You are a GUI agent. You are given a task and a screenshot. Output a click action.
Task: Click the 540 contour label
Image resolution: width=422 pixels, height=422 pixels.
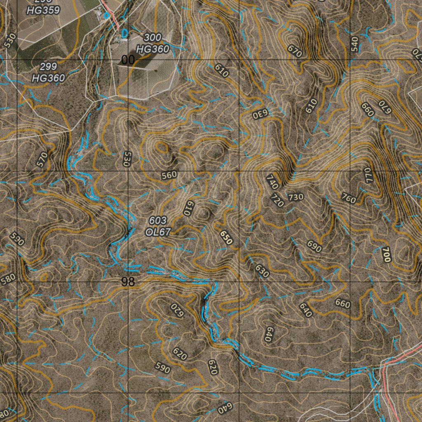click(355, 44)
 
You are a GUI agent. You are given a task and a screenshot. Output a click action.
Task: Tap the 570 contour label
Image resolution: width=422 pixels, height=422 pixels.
click(42, 159)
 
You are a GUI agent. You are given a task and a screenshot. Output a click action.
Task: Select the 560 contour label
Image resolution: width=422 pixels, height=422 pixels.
click(169, 175)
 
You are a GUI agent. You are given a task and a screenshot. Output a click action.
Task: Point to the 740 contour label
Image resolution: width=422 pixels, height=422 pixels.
click(272, 182)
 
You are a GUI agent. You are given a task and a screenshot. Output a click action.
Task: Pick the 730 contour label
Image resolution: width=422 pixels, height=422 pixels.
click(295, 197)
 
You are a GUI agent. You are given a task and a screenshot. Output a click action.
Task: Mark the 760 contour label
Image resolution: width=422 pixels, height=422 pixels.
click(348, 198)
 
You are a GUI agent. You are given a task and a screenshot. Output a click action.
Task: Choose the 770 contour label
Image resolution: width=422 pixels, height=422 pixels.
click(368, 175)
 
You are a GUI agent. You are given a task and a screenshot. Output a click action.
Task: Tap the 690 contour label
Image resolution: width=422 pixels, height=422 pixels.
click(314, 246)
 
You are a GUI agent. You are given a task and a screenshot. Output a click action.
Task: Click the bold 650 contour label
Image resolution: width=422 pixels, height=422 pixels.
click(226, 238)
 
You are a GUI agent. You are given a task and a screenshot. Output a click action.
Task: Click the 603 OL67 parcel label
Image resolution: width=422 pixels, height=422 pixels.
click(158, 226)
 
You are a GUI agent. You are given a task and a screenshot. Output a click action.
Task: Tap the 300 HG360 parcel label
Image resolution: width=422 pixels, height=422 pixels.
click(152, 43)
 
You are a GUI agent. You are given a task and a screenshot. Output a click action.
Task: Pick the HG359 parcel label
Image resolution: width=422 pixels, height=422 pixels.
click(43, 10)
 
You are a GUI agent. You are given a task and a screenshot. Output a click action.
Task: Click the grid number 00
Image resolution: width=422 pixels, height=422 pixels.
click(128, 60)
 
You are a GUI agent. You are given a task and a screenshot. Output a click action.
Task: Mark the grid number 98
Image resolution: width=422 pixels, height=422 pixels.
click(128, 282)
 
